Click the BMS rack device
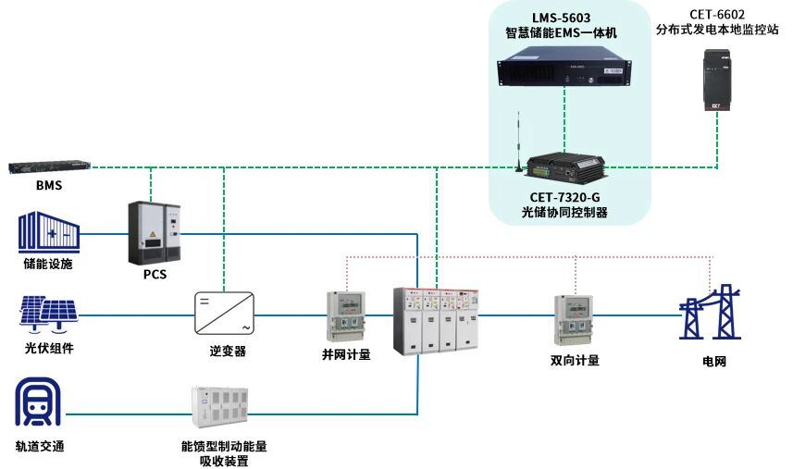pyautogui.click(x=49, y=167)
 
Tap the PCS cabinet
pyautogui.click(x=155, y=233)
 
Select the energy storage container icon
pyautogui.click(x=49, y=232)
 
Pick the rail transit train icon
pyautogui.click(x=38, y=401)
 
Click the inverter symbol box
pyautogui.click(x=224, y=314)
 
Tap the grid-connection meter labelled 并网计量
pyautogui.click(x=346, y=316)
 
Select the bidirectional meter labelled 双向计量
pyautogui.click(x=574, y=320)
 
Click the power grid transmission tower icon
pyautogui.click(x=710, y=312)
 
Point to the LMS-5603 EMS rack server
pyautogui.click(x=564, y=67)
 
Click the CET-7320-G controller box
pyautogui.click(x=565, y=166)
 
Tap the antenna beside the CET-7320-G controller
pyautogui.click(x=518, y=142)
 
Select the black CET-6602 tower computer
pyautogui.click(x=717, y=80)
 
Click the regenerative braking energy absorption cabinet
pyautogui.click(x=220, y=407)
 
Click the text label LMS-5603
pyautogui.click(x=561, y=19)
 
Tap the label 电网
pyautogui.click(x=714, y=362)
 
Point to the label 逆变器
pyautogui.click(x=228, y=352)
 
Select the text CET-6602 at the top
pyautogui.click(x=717, y=15)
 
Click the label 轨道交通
pyautogui.click(x=40, y=446)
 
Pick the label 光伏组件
pyautogui.click(x=49, y=348)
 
